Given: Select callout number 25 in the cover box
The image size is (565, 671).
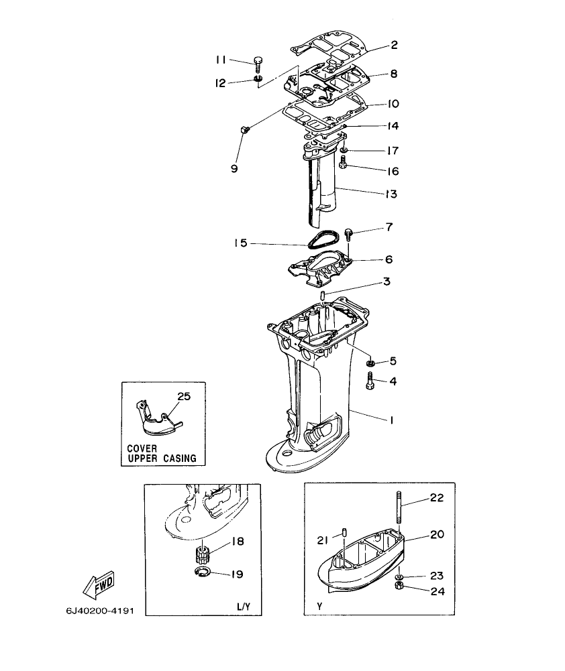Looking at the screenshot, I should (x=183, y=396).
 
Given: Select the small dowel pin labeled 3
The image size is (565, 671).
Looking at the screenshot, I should (x=323, y=295).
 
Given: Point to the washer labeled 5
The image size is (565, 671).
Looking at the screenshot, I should (x=370, y=363).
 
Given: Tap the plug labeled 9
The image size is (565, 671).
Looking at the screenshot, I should (x=244, y=129).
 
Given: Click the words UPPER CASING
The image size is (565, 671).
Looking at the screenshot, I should (x=162, y=459).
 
